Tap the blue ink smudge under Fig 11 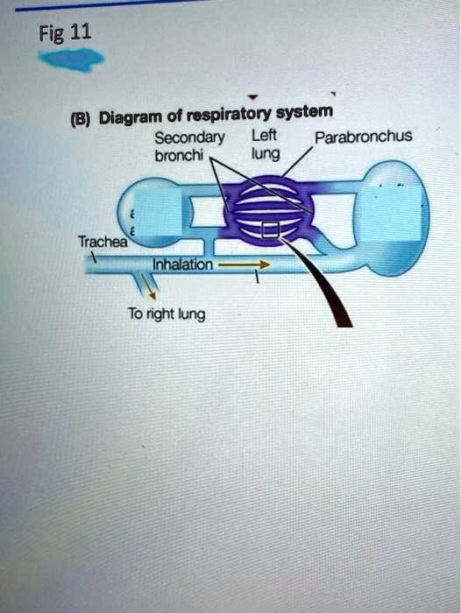click(71, 60)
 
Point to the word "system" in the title click(305, 111)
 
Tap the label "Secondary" click(189, 138)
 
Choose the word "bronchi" click(180, 156)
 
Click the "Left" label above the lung click(265, 137)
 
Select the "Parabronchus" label click(363, 137)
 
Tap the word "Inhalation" click(182, 266)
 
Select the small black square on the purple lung click(271, 230)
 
